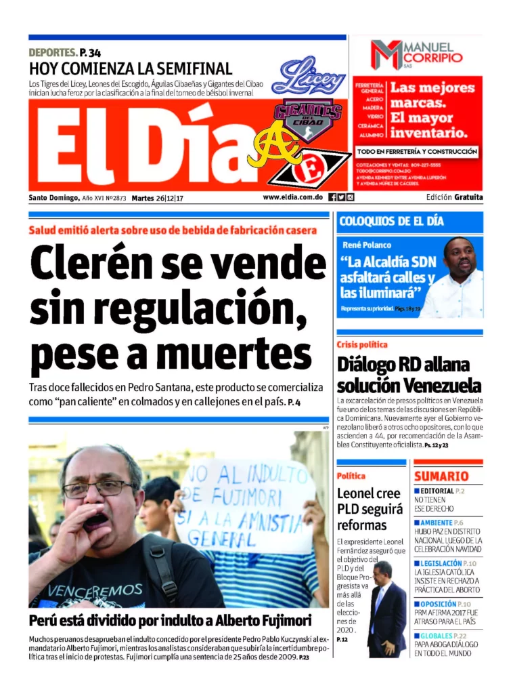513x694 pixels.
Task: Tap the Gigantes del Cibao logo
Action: (307, 119)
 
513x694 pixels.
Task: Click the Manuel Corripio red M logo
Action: (386, 55)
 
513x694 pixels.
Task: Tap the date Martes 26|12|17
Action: (158, 198)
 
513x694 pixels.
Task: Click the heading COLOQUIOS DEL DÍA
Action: (391, 222)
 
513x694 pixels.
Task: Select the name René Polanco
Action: (366, 245)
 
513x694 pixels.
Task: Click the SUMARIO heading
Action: (441, 476)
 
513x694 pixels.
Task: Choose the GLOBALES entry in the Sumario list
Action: (443, 635)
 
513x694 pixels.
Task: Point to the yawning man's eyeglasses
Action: (99, 488)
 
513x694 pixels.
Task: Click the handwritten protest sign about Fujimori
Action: (246, 504)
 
